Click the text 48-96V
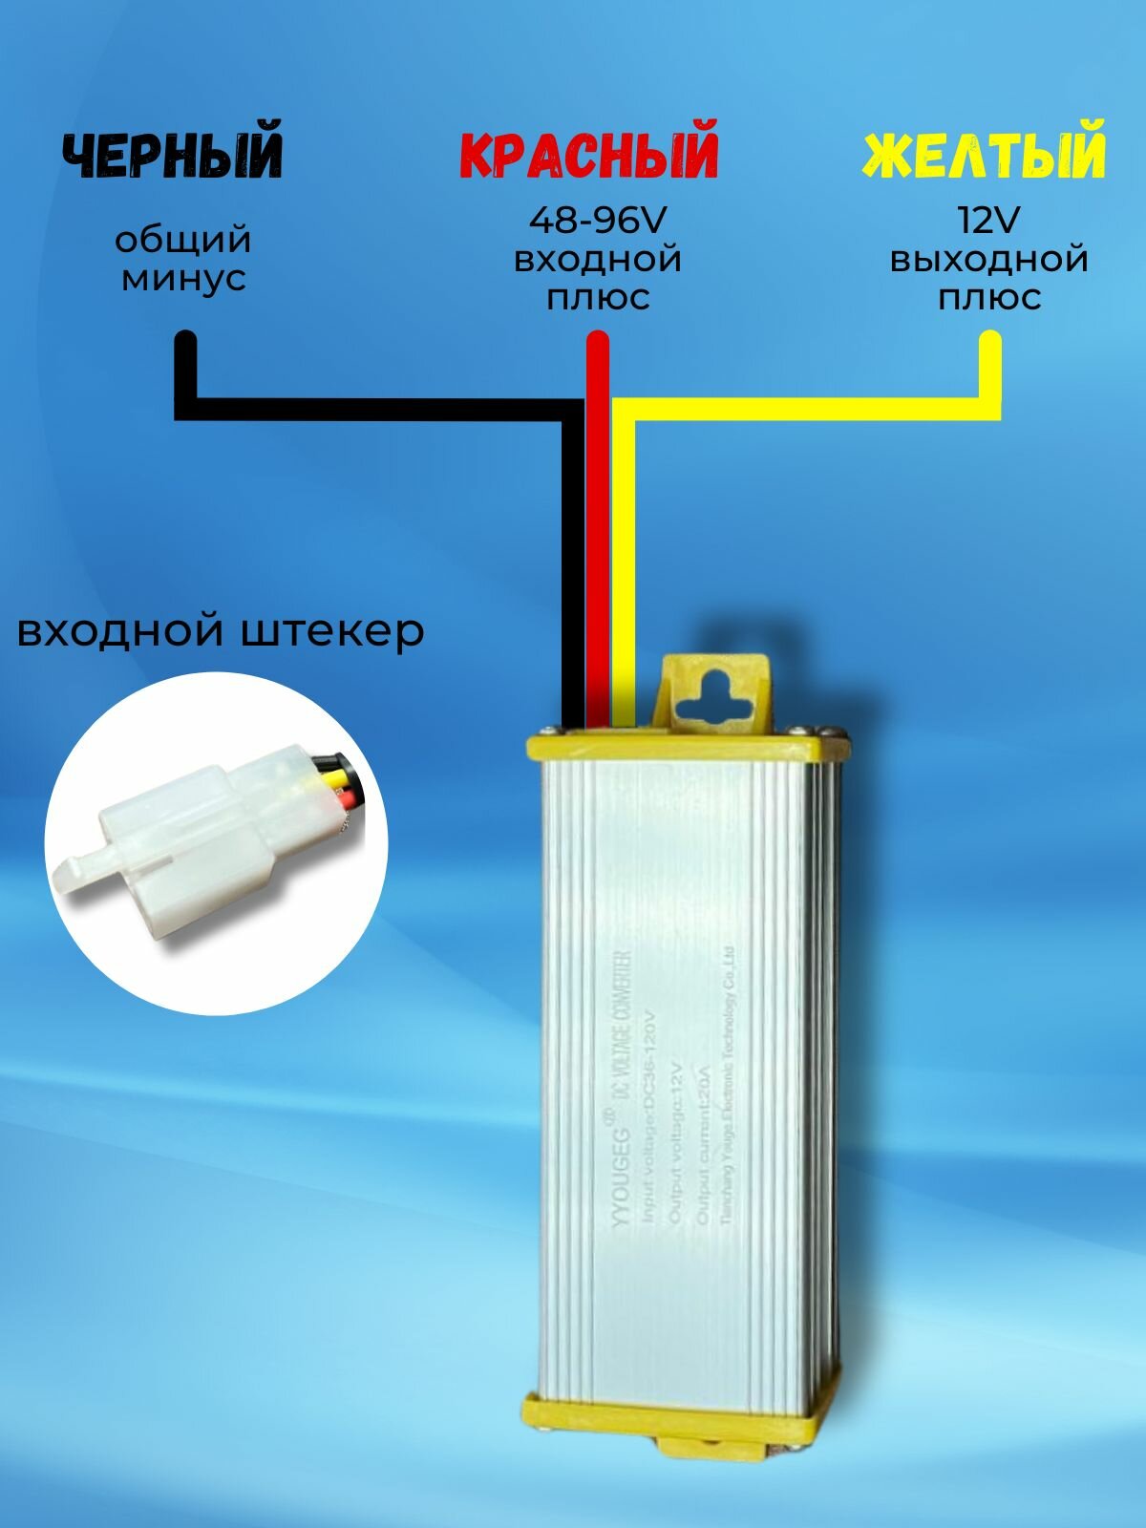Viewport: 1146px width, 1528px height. [597, 222]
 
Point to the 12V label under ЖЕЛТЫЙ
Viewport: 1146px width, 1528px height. [988, 222]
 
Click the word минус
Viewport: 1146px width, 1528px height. [184, 279]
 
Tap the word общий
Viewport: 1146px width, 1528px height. [183, 239]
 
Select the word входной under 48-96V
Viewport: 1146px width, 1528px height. [597, 260]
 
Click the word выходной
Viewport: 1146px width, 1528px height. [989, 260]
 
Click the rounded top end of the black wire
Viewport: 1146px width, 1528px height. [186, 341]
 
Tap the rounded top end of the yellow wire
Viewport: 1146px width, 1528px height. [990, 341]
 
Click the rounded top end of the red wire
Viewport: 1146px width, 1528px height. [598, 341]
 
